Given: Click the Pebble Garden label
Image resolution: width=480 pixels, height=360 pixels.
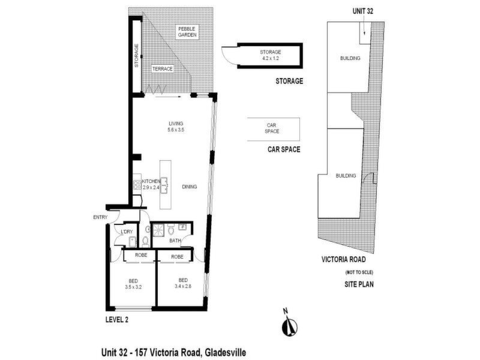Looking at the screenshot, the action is (x=187, y=32).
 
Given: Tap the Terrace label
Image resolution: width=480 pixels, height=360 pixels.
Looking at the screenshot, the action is (x=163, y=69).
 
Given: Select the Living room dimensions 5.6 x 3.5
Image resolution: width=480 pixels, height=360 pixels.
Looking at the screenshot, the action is (x=176, y=130).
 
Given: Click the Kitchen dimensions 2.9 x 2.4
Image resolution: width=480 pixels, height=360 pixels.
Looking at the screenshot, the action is (x=151, y=187).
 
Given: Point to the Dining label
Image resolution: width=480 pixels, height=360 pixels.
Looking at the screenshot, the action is (x=189, y=187).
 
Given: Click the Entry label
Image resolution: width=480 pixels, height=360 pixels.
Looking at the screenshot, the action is (x=100, y=217).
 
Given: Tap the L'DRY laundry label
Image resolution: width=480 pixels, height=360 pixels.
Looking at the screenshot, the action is (x=127, y=232).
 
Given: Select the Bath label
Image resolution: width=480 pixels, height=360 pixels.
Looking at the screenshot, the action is (x=175, y=241).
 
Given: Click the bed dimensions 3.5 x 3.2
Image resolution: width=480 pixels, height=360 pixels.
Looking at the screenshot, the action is (x=133, y=287).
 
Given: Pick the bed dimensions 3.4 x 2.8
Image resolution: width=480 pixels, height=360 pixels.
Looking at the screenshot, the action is (x=183, y=286).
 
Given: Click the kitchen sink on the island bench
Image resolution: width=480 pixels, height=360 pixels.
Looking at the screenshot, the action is (x=164, y=185).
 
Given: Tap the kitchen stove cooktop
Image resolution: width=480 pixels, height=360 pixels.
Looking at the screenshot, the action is (x=137, y=185).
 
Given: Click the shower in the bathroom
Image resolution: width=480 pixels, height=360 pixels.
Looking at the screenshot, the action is (x=158, y=230).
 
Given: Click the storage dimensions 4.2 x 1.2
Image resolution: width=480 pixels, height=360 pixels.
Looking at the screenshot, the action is (x=271, y=58).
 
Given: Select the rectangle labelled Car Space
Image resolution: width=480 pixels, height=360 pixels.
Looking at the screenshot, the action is (x=274, y=129).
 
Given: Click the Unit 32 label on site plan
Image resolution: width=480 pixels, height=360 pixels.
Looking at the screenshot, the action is (x=363, y=11).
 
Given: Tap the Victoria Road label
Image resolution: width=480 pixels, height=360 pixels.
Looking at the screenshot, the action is (x=343, y=259).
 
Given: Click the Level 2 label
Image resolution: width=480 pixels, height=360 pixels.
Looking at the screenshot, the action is (x=117, y=320).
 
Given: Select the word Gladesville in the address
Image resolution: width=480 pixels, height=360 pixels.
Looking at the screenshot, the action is (x=226, y=352).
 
